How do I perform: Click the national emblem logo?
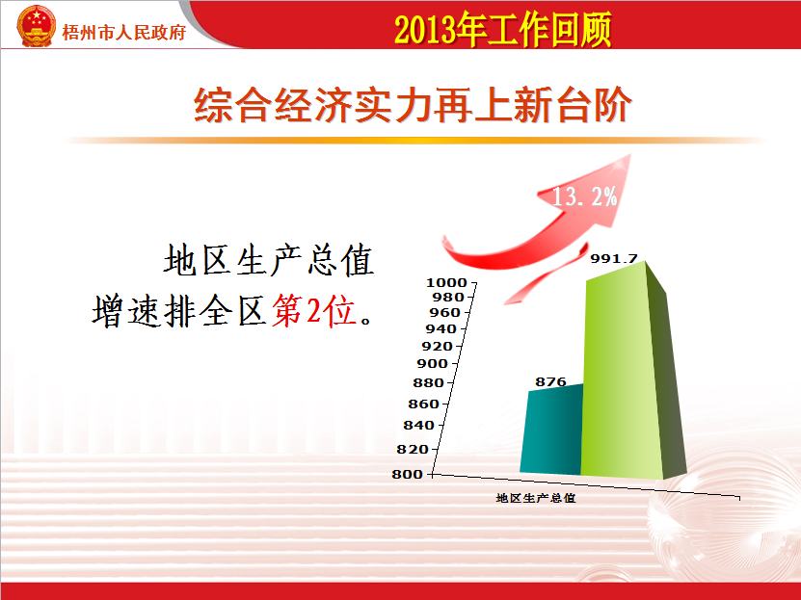coord(36,26)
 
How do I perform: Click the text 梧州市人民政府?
coord(123,33)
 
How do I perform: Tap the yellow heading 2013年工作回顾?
coord(502,30)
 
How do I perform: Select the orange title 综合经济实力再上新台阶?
coord(413,105)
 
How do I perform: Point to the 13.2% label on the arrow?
coord(585,196)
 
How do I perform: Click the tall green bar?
coord(633,372)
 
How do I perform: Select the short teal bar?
coord(551,429)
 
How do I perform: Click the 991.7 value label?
coord(613,259)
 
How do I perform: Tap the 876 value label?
coord(550,381)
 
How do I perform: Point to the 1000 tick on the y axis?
coord(446,282)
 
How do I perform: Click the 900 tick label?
coord(432,364)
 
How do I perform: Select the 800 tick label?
coord(407,475)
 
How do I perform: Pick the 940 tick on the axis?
coord(441,329)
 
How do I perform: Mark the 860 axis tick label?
coord(423,404)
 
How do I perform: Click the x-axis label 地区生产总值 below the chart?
coord(536,498)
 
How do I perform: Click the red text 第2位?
coord(313,310)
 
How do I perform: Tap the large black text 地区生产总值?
coord(269,260)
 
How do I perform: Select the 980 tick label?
coord(447,297)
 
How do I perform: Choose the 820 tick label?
coord(413,450)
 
